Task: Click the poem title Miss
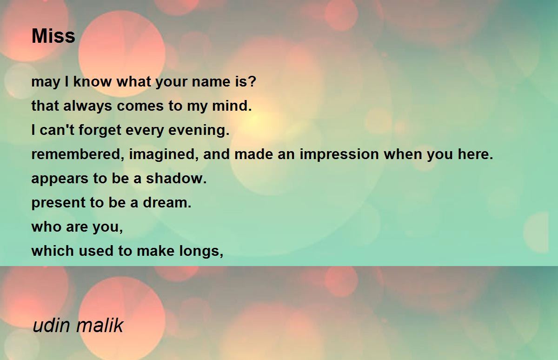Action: click(53, 36)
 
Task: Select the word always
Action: click(87, 106)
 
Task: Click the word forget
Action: click(100, 130)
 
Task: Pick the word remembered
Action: click(76, 154)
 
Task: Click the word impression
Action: click(339, 154)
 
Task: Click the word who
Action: click(46, 227)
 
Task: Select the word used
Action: click(96, 251)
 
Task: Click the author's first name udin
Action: click(52, 326)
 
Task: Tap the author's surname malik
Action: click(100, 326)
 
